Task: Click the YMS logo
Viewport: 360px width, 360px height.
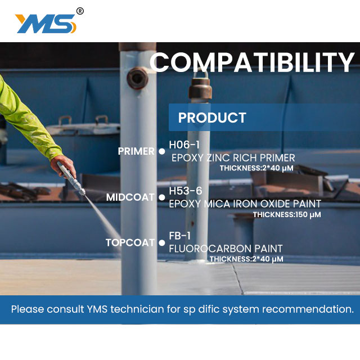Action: (46, 24)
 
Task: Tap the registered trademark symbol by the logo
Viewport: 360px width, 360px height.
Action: (80, 11)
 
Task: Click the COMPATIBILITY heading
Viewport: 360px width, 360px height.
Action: (252, 62)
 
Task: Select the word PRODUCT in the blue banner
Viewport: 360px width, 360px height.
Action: (212, 118)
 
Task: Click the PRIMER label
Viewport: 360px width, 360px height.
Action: (136, 151)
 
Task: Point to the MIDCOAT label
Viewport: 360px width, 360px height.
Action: (130, 197)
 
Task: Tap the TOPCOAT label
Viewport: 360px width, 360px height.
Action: (130, 242)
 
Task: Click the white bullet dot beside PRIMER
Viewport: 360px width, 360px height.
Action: (162, 151)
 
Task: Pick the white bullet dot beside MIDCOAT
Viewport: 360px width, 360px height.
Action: (162, 197)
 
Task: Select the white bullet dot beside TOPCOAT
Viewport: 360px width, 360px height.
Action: (162, 243)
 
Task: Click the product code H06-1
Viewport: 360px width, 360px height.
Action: (184, 145)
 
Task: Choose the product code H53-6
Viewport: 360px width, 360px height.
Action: (186, 191)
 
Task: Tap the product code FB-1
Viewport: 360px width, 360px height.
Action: (180, 236)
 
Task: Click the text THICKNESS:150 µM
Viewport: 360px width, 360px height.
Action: (287, 215)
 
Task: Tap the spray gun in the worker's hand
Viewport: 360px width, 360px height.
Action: (71, 178)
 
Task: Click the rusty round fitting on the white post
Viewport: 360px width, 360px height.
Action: (137, 78)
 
